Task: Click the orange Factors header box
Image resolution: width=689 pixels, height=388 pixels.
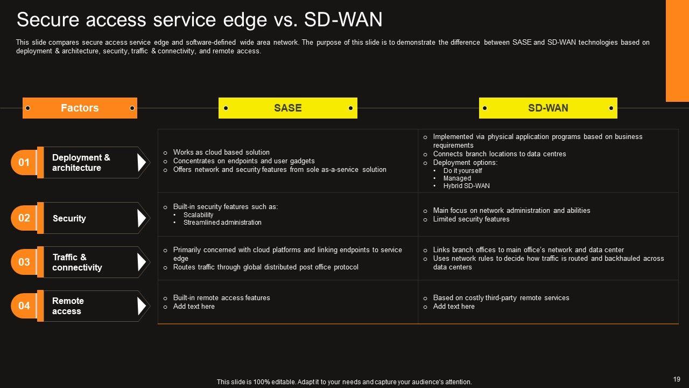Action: point(80,108)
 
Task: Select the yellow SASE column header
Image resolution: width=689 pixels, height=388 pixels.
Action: point(287,108)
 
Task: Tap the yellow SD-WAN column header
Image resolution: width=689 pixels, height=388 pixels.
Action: point(548,108)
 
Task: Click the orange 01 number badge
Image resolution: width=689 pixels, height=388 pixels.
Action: point(24,162)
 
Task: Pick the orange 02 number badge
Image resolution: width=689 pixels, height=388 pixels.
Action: point(24,218)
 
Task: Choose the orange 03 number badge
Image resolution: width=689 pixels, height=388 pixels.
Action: point(24,262)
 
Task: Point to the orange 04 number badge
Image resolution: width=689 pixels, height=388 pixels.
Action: point(24,306)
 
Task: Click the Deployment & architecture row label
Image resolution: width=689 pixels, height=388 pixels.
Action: point(81,163)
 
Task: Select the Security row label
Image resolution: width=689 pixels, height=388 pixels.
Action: point(69,218)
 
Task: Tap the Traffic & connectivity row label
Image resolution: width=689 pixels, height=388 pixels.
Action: point(77,262)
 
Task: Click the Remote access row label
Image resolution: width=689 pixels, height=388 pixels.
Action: point(67,306)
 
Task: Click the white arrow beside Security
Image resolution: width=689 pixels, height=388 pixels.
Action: point(142,218)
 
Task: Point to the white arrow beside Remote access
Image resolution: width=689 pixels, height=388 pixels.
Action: point(142,306)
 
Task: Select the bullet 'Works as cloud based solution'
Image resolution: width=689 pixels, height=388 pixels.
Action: point(221,153)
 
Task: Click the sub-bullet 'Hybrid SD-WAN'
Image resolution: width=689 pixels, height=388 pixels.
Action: point(466,186)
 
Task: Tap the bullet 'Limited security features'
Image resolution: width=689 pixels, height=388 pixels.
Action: point(471,219)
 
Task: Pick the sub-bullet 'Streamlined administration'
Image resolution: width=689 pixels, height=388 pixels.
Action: point(222,223)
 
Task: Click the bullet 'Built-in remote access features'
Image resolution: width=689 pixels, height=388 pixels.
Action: point(221,298)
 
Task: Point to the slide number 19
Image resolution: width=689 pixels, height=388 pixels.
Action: point(677,379)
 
